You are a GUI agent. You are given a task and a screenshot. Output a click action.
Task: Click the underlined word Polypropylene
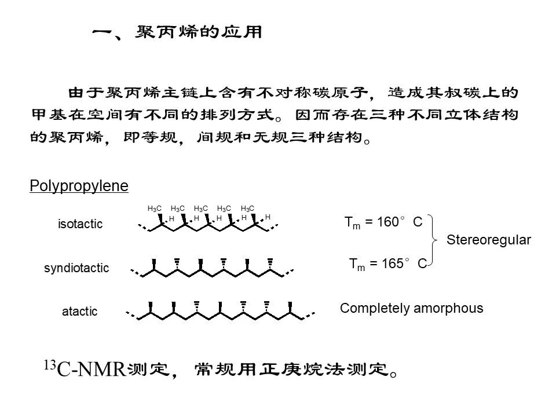[79, 186]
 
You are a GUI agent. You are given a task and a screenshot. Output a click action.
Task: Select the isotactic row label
[80, 225]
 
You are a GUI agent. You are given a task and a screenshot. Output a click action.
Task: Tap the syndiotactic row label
[76, 268]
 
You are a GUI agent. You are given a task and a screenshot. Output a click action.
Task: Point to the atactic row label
[80, 312]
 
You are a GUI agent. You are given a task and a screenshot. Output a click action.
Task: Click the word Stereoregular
[489, 240]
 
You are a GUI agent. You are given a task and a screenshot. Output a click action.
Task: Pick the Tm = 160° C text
[383, 222]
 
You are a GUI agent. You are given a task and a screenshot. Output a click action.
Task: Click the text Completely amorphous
[411, 308]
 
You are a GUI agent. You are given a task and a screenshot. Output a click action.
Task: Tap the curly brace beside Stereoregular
[437, 241]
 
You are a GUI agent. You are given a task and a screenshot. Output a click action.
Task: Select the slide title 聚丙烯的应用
[199, 32]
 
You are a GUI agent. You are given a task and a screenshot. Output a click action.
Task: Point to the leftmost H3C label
[155, 209]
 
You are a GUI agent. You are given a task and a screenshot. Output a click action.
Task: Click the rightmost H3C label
[247, 209]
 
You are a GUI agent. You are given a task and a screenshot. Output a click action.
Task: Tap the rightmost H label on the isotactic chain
[268, 217]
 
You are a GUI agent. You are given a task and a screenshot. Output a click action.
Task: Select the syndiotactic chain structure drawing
[211, 268]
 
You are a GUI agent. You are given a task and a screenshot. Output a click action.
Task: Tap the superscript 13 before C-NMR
[49, 364]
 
